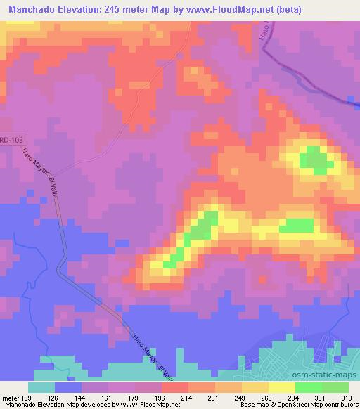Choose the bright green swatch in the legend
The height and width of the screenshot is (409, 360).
[x=308, y=388]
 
